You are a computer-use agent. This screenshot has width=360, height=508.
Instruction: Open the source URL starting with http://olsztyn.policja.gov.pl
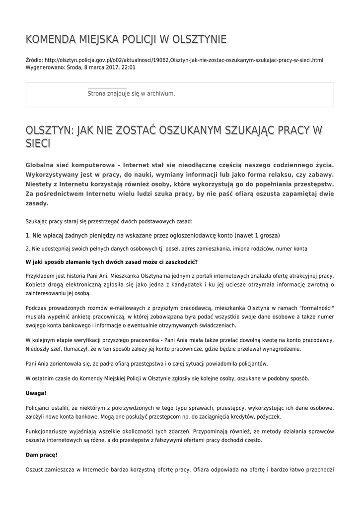184,60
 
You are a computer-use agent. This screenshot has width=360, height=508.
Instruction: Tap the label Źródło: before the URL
34,60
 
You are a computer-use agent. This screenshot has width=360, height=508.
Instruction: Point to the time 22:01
128,67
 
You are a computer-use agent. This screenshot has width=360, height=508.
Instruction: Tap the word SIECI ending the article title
38,143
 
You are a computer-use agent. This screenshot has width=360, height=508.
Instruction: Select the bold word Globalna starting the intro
42,165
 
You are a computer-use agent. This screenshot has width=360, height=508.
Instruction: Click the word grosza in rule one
269,235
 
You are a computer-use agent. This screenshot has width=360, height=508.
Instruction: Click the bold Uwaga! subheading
36,393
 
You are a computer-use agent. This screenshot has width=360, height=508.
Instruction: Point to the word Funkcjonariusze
47,431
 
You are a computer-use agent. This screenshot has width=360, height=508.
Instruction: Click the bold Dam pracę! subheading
41,454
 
